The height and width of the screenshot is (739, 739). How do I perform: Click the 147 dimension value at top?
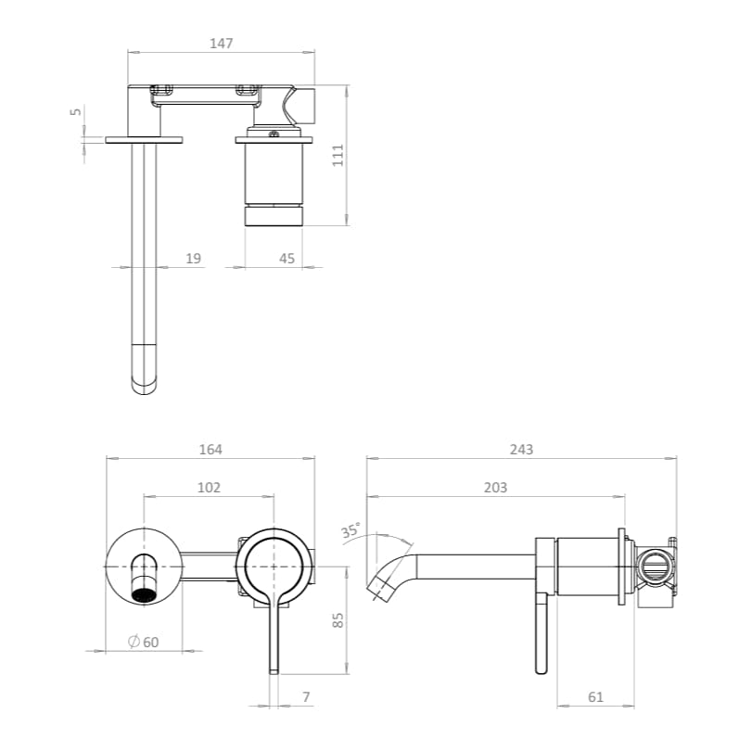point(222,43)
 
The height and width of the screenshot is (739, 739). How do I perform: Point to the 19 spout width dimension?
point(193,259)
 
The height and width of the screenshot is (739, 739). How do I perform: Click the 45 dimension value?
point(287,259)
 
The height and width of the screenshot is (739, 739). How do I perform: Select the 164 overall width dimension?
point(210,449)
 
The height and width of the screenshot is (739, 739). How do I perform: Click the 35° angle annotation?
point(350,531)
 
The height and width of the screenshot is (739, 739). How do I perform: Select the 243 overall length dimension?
point(521,449)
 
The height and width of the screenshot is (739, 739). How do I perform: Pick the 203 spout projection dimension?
point(495,488)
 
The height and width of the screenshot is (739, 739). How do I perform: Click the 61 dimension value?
point(595,696)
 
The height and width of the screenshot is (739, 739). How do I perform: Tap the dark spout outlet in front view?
point(144,594)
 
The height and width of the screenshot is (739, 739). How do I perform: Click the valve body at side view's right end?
point(655,567)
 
